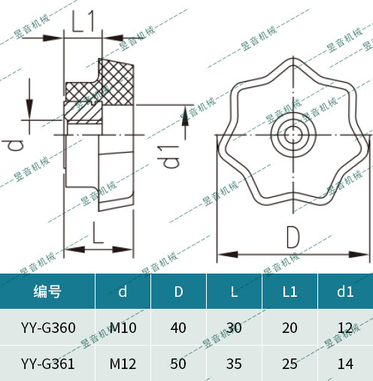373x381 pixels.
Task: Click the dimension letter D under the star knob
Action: [293, 237]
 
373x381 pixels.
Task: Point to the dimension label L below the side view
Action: [99, 232]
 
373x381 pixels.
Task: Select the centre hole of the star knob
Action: [293, 136]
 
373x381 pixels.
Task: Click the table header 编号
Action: [47, 292]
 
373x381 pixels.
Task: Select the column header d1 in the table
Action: [345, 292]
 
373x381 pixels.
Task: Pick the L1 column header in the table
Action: [290, 292]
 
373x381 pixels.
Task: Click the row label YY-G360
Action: [47, 328]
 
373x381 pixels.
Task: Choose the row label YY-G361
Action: [47, 364]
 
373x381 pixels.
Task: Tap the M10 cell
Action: [123, 328]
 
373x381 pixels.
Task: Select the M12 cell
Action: [123, 364]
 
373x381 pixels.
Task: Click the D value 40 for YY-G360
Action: [178, 328]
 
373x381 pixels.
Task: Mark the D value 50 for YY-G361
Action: [178, 364]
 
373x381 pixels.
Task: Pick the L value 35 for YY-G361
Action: [235, 364]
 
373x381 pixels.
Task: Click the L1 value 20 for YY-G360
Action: [290, 328]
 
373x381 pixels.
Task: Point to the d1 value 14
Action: [345, 364]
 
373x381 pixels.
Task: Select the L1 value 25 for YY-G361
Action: [290, 364]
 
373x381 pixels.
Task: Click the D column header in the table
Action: [178, 292]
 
